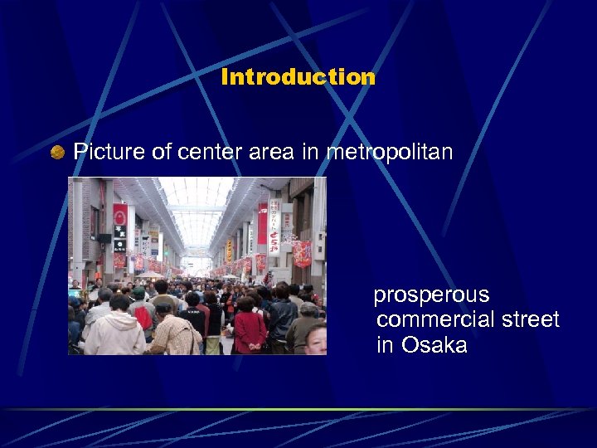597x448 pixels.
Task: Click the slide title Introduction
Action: [x=298, y=78]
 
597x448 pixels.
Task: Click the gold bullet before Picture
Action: [x=57, y=152]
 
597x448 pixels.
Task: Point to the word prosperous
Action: [x=431, y=295]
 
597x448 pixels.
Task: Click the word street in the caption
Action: [x=527, y=319]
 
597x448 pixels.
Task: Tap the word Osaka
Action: [x=434, y=344]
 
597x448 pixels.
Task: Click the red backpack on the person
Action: [x=144, y=316]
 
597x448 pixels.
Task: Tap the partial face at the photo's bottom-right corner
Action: [x=316, y=340]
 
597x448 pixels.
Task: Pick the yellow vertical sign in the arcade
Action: [x=229, y=250]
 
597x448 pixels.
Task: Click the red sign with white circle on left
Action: [x=120, y=217]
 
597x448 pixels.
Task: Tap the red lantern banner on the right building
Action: [x=302, y=253]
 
